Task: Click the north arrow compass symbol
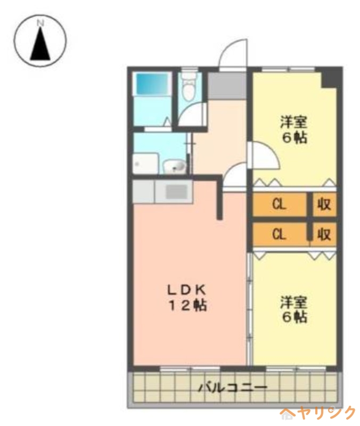(40, 40)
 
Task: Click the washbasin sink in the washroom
(175, 167)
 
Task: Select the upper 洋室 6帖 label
(293, 129)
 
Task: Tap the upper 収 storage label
(324, 204)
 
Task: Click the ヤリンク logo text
(318, 413)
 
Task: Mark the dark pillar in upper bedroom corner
(330, 78)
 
